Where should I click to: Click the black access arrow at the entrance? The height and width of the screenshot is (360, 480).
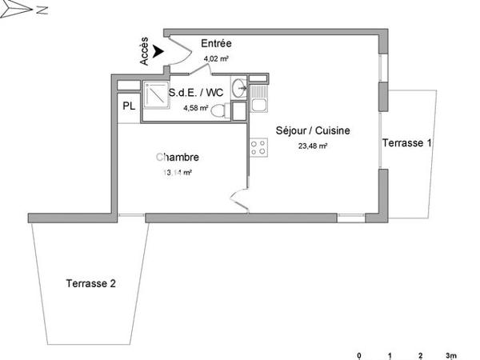pyautogui.click(x=158, y=50)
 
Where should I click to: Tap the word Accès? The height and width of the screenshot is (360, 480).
pyautogui.click(x=144, y=54)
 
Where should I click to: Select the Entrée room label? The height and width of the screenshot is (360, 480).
pyautogui.click(x=217, y=44)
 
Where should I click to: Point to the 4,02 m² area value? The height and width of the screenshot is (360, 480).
pyautogui.click(x=216, y=58)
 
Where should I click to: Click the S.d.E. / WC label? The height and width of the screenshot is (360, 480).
pyautogui.click(x=197, y=93)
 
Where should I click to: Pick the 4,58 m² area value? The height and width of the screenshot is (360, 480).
pyautogui.click(x=196, y=108)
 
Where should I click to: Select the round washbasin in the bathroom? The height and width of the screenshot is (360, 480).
pyautogui.click(x=238, y=87)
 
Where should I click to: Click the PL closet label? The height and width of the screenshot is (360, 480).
pyautogui.click(x=128, y=106)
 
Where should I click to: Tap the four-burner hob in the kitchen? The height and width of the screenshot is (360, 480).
pyautogui.click(x=258, y=146)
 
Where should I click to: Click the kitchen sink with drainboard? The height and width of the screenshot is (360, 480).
pyautogui.click(x=258, y=102)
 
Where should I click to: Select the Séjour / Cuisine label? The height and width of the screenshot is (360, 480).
pyautogui.click(x=313, y=130)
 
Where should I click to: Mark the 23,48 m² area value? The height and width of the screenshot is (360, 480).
pyautogui.click(x=313, y=146)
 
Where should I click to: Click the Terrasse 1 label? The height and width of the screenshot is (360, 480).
pyautogui.click(x=407, y=143)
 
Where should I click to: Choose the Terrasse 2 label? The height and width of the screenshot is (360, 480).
pyautogui.click(x=91, y=283)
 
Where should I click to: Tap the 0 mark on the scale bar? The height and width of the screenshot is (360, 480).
pyautogui.click(x=359, y=354)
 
